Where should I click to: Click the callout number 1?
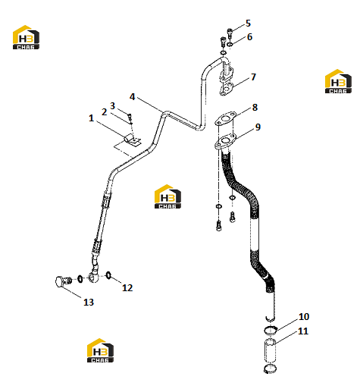point(91,118)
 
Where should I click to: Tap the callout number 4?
point(132,97)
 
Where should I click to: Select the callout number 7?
point(253,77)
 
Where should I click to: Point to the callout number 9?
point(258,127)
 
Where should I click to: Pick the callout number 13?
point(89,302)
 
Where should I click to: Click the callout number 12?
point(127,287)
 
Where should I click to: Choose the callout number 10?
point(304,316)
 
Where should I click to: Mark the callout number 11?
point(303,331)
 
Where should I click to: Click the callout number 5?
point(248,24)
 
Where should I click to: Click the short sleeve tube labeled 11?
point(270,352)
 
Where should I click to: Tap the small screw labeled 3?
point(130,117)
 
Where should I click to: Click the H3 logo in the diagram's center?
point(167,196)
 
